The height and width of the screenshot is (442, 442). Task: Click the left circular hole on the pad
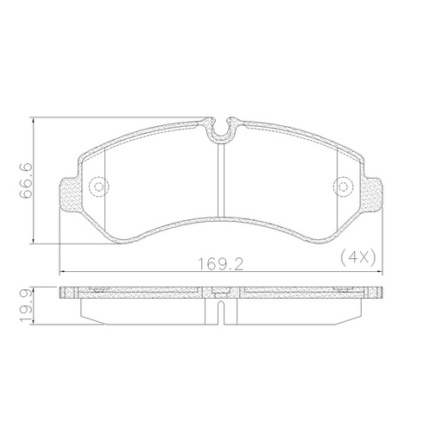tap(98, 186)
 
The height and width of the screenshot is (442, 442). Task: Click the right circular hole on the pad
tap(343, 186)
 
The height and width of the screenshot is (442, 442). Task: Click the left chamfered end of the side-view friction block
tap(85, 309)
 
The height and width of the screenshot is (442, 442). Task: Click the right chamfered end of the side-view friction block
tap(357, 309)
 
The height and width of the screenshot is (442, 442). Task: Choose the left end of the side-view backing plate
tap(64, 294)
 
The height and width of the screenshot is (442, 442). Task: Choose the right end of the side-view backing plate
tap(380, 294)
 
